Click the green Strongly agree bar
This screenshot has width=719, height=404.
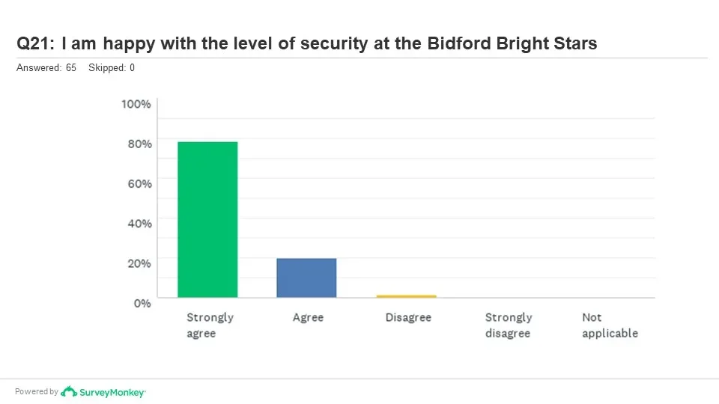pos(207,219)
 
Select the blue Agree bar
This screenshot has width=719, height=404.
pos(306,278)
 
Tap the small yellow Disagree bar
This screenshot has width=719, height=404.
pos(406,296)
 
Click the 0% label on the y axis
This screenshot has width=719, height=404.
pos(142,302)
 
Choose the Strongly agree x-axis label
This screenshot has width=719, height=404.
pos(210,325)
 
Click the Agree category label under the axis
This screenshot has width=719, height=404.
pos(308,317)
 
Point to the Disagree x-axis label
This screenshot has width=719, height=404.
pos(408,317)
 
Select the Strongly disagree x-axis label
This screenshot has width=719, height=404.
pos(509,325)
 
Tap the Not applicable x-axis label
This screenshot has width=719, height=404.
pos(610,325)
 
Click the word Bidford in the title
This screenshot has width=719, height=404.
pos(458,43)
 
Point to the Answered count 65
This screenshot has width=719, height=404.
pos(71,68)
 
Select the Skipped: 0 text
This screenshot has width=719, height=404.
pos(112,68)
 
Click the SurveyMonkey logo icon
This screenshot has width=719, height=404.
pos(69,391)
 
